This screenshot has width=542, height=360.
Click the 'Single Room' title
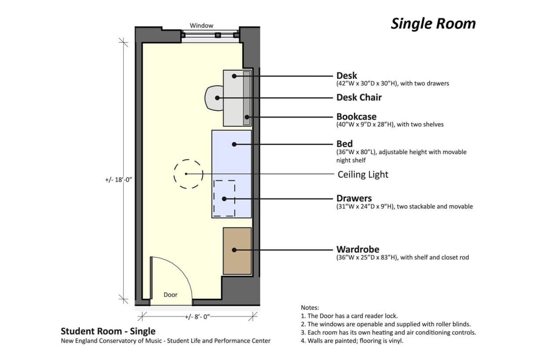pyautogui.click(x=433, y=24)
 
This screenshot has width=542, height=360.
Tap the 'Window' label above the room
pyautogui.click(x=201, y=26)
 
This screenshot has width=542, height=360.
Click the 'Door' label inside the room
pyautogui.click(x=170, y=294)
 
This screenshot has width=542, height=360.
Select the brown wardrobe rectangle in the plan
pyautogui.click(x=237, y=251)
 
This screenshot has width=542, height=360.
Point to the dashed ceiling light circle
pyautogui.click(x=188, y=174)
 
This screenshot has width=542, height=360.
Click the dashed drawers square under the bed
pyautogui.click(x=224, y=198)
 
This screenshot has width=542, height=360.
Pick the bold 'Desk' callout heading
pyautogui.click(x=347, y=76)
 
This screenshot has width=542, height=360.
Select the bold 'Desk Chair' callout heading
pyautogui.click(x=359, y=97)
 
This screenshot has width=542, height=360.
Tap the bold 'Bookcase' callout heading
pyautogui.click(x=356, y=117)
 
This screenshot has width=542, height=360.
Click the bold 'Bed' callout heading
pyautogui.click(x=344, y=144)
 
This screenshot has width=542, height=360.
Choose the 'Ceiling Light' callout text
pyautogui.click(x=363, y=174)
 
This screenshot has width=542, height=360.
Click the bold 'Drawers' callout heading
pyautogui.click(x=354, y=198)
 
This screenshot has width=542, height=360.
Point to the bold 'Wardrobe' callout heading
pyautogui.click(x=358, y=250)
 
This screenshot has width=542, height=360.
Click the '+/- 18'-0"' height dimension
pyautogui.click(x=119, y=180)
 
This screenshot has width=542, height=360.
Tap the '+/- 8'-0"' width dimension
pyautogui.click(x=198, y=316)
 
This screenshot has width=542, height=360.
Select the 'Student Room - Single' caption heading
pyautogui.click(x=108, y=331)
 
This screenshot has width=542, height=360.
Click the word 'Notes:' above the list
pyautogui.click(x=310, y=308)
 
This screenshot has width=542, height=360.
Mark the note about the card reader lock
pyautogui.click(x=349, y=316)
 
